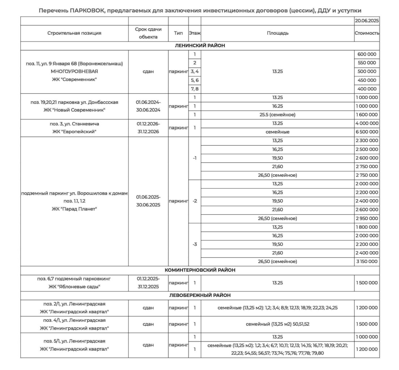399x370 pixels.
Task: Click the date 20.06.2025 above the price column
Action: point(367,21)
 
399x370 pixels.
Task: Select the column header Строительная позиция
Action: point(74,33)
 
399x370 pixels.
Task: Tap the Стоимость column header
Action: point(367,33)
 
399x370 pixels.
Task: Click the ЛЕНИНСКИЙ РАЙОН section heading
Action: point(200,46)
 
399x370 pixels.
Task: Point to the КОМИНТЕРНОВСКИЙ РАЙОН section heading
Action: point(200,270)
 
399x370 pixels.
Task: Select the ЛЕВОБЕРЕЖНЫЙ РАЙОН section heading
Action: point(200,295)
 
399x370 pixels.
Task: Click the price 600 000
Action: point(367,54)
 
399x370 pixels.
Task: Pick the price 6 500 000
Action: point(367,132)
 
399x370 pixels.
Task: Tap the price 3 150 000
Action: point(367,261)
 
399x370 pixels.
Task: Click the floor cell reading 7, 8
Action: point(194,89)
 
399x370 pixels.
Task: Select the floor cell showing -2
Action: point(194,201)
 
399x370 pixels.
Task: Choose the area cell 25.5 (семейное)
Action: point(277,115)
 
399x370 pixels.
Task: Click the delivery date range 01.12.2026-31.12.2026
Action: point(148,128)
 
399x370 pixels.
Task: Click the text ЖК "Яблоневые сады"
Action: point(74,287)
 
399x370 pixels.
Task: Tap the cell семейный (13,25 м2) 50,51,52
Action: point(277,324)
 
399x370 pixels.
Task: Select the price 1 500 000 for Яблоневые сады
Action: point(367,283)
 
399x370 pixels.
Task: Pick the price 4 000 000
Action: point(367,123)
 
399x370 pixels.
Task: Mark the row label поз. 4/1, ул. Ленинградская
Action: point(74,320)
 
